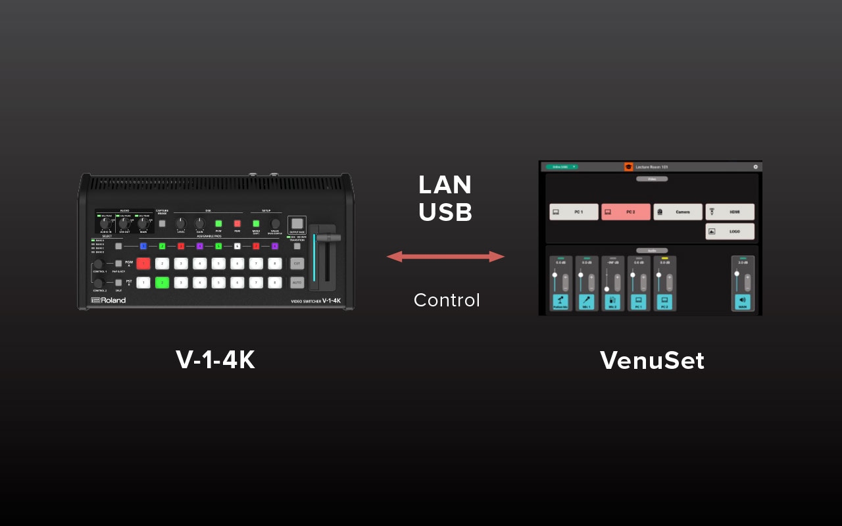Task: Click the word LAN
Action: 445,185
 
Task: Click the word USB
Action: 445,212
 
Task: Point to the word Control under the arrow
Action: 447,300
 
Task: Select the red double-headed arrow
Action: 445,256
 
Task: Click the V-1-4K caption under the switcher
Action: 215,360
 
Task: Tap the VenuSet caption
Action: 652,361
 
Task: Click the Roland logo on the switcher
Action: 109,300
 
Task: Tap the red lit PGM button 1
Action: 143,264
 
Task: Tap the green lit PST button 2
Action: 162,283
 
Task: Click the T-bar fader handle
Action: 327,237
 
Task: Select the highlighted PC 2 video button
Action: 626,212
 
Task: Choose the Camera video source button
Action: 678,212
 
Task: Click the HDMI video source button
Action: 730,212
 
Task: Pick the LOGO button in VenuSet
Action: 730,231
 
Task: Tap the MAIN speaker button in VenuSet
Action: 743,302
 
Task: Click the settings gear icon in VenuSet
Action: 755,167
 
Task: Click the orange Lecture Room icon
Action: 628,167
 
